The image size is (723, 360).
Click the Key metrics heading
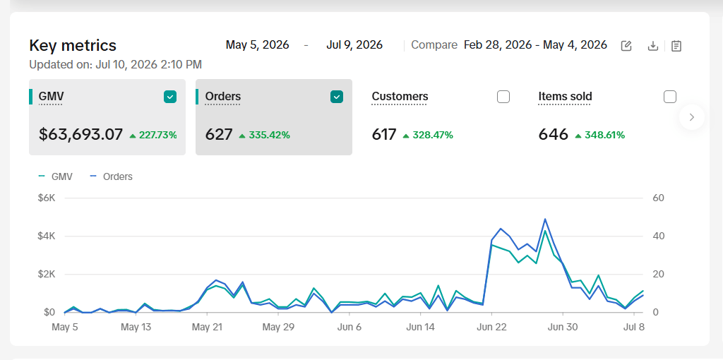(73, 46)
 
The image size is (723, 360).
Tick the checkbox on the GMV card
(170, 97)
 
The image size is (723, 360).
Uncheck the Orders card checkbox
(337, 97)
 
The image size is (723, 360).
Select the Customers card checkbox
(503, 97)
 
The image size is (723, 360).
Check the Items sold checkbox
(670, 97)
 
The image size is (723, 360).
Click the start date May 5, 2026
(257, 45)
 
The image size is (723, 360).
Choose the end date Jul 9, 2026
(354, 45)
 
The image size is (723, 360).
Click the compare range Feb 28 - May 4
(535, 45)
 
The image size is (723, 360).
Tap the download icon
(653, 46)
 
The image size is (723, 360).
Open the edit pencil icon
(626, 46)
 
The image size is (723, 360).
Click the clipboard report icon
(676, 46)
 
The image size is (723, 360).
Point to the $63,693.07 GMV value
(80, 135)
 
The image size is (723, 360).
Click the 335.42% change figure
(269, 135)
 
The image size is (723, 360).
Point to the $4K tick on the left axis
(47, 236)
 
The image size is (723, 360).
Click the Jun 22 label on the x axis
(491, 328)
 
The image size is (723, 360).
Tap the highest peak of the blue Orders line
(545, 219)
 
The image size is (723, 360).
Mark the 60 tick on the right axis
(659, 198)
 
